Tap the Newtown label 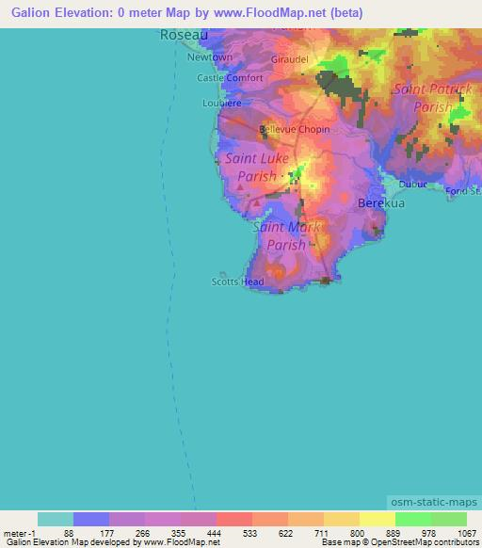click(209, 57)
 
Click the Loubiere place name click(222, 103)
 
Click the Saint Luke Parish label click(251, 168)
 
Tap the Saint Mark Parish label click(286, 235)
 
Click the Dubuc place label click(412, 184)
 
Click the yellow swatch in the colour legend click(377, 519)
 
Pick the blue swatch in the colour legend click(91, 519)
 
